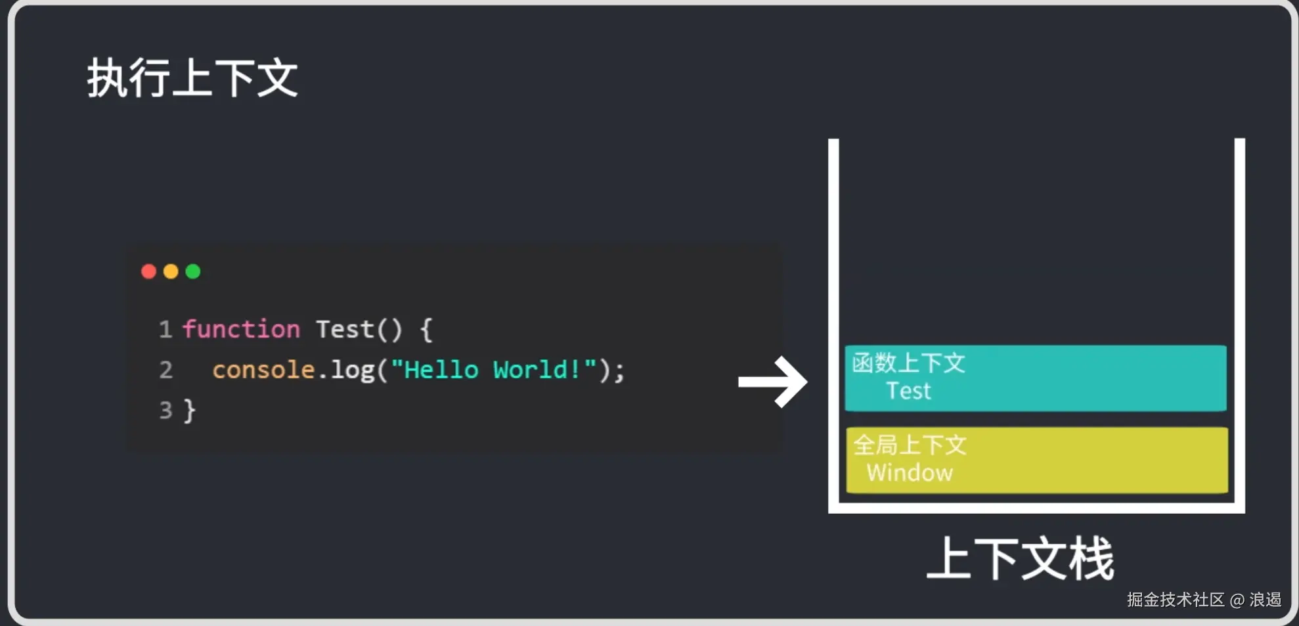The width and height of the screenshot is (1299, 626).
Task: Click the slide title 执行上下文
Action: tap(192, 78)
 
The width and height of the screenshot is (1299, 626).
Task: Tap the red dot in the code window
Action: tap(148, 271)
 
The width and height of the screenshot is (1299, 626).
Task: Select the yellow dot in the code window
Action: tap(171, 271)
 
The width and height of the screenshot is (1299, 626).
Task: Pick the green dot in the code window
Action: tap(193, 271)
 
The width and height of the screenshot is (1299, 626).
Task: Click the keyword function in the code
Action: tap(241, 329)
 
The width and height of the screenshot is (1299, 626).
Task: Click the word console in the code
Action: tap(263, 370)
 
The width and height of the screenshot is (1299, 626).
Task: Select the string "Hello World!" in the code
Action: tap(493, 370)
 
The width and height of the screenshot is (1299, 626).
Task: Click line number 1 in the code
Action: tap(165, 329)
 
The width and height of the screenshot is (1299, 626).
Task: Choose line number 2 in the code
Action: tap(165, 370)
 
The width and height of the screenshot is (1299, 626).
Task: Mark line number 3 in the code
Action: tap(165, 411)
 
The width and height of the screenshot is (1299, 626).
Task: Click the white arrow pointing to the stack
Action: tap(773, 382)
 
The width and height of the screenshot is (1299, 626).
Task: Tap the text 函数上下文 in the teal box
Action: tap(908, 363)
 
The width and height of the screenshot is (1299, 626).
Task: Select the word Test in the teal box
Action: tap(908, 391)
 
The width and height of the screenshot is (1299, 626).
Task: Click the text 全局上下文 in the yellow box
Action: tap(910, 445)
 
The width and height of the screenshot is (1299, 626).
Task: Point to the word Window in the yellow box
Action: tap(910, 473)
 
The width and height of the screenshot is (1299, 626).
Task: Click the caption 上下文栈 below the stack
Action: tap(1020, 558)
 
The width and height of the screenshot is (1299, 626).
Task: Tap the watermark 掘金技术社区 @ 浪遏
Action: tap(1204, 600)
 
